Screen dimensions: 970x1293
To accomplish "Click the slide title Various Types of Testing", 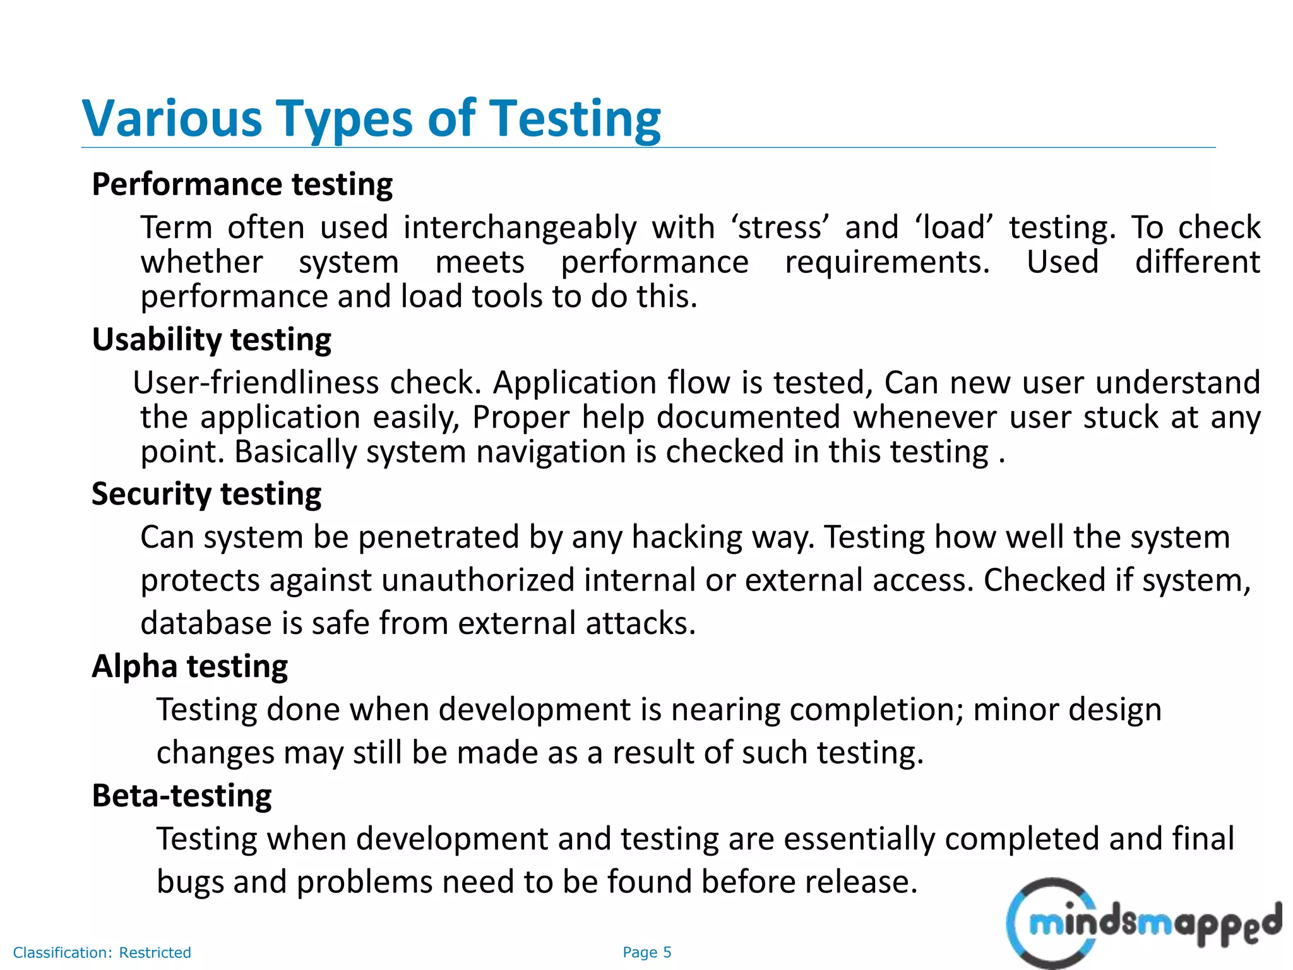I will (371, 119).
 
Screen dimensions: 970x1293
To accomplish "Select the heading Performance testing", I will (242, 185).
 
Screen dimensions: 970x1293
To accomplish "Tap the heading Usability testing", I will (212, 340).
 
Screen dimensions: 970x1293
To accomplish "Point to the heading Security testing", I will (206, 494).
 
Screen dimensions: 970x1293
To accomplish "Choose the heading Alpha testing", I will (190, 666).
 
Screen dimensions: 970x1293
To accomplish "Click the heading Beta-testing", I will (182, 796).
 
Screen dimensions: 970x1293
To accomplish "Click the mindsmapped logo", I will (1143, 923).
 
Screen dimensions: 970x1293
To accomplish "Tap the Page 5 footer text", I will (646, 952).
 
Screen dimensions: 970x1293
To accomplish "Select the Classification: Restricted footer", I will (102, 952).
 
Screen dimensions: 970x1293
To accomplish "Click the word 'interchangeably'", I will (520, 227).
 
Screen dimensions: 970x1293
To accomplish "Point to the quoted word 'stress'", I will (780, 227).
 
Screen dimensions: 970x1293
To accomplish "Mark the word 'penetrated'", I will (438, 537).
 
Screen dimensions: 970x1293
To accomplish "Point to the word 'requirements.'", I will (887, 262).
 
